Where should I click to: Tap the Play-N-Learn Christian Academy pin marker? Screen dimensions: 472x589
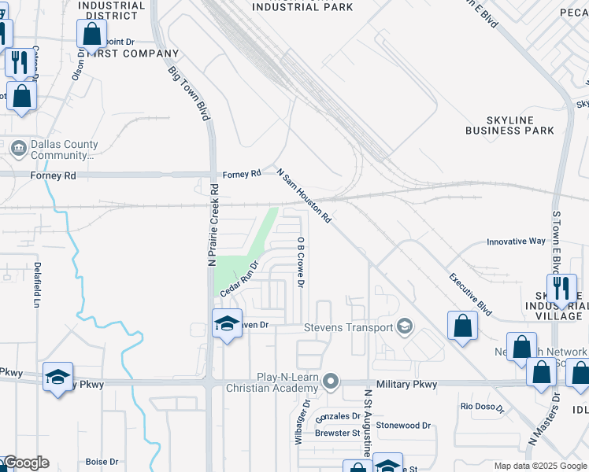point(332,382)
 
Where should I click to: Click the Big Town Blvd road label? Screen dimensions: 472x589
point(189,93)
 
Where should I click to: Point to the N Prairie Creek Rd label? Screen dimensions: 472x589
point(213,225)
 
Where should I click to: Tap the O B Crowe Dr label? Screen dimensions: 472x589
point(301,261)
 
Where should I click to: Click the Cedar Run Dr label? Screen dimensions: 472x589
point(239,279)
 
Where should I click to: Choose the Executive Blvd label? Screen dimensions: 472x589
point(470,295)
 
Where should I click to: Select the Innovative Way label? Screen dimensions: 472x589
point(516,242)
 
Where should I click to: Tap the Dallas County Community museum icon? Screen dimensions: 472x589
point(18,148)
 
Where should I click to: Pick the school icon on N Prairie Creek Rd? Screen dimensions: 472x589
point(227,323)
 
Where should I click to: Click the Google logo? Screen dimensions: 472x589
point(25,463)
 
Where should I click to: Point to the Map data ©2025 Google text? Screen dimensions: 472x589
point(539,466)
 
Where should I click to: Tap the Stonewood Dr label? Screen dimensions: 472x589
point(403,426)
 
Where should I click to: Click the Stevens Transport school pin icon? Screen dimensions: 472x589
point(405,326)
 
